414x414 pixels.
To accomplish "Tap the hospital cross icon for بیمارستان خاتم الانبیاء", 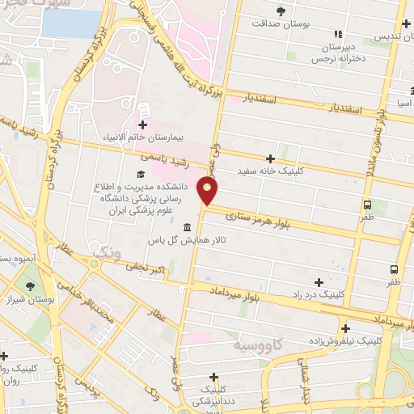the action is pos(143,125).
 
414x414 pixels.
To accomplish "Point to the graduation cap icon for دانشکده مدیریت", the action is pos(141,174).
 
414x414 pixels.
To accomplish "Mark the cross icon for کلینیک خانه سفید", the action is pos(270,158).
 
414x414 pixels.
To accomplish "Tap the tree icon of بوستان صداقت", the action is pos(281,11).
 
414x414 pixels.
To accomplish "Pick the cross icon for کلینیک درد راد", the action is pos(319,282).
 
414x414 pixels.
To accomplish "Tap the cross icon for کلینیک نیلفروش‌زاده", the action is pos(345,328).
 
